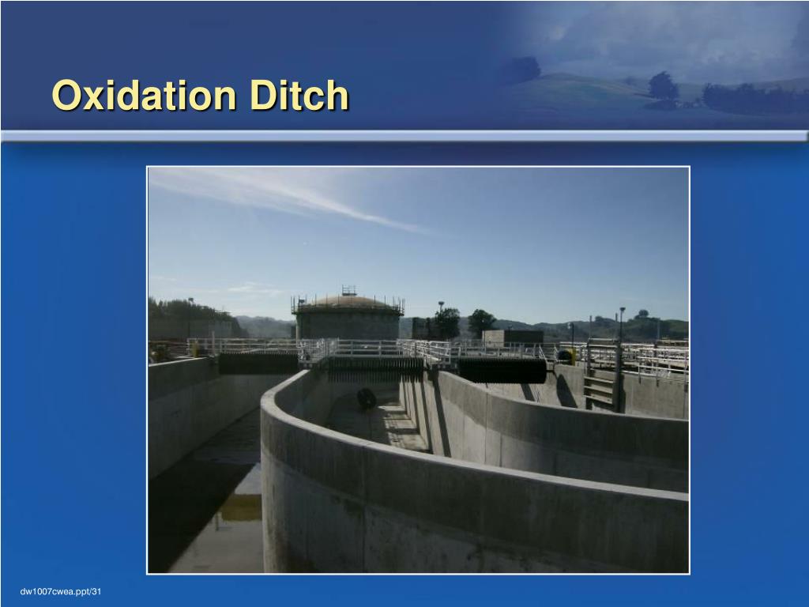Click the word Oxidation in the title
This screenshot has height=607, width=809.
pos(145,96)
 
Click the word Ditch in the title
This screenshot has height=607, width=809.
pos(299,96)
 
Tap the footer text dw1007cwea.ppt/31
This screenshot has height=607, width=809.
pos(62,592)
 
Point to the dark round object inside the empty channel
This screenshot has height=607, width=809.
pos(366,399)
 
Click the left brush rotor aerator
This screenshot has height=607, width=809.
pos(258,364)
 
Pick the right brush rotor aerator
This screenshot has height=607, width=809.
pos(502,370)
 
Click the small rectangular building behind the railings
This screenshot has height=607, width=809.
pos(513,337)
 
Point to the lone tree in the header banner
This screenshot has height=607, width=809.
pos(663,86)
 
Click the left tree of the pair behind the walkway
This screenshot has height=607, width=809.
pos(446,322)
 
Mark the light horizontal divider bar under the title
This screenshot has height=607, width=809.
pos(404,136)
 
